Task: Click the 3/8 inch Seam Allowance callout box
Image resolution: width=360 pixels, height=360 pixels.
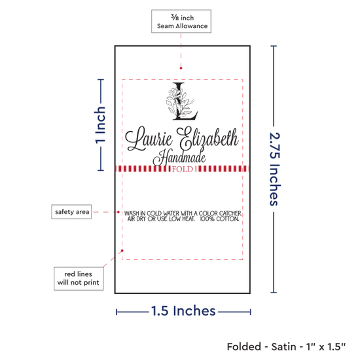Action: (181, 22)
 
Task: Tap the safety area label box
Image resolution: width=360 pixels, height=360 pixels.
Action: (71, 211)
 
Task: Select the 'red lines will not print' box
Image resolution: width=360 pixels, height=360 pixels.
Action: (79, 278)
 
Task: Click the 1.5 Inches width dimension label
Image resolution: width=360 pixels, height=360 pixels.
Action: (183, 311)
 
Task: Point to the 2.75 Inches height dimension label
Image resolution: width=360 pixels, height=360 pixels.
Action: (274, 169)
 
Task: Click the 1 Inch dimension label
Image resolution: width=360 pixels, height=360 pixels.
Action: (100, 125)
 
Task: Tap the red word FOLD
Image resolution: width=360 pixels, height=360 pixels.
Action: (183, 170)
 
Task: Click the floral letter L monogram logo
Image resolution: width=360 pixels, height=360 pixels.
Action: (182, 101)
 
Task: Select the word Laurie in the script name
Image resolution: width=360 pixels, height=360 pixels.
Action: (149, 139)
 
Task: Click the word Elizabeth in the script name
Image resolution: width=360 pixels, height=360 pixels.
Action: (207, 138)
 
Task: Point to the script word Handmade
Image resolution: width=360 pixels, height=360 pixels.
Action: (179, 158)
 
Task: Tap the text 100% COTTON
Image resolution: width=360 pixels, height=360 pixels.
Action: (219, 219)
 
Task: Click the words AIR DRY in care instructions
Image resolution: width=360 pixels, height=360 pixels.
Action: (137, 219)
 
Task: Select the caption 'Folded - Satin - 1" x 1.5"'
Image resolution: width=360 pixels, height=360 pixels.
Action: (286, 347)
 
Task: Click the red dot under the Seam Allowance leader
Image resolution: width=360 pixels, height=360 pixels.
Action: (181, 68)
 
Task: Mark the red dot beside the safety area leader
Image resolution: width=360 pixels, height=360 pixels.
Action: (118, 212)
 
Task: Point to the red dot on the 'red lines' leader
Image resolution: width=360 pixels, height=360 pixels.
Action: (122, 251)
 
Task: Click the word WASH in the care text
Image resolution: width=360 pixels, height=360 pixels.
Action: (132, 213)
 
